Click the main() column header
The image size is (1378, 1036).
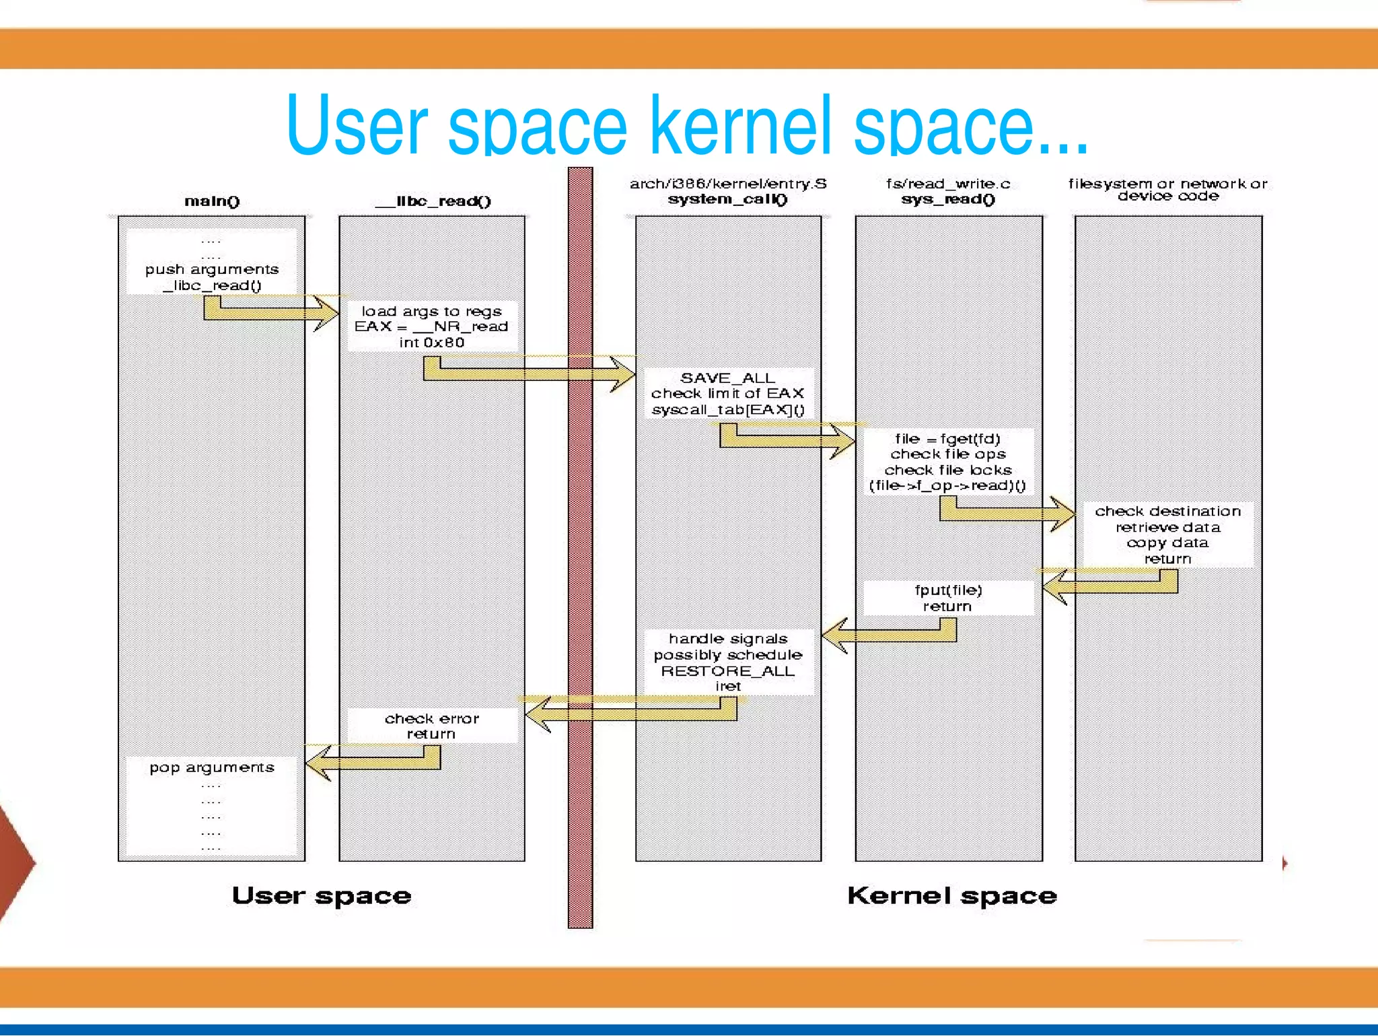(212, 201)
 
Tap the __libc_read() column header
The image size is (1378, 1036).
(433, 201)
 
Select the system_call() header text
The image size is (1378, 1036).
(727, 199)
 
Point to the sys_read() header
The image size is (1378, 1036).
(948, 199)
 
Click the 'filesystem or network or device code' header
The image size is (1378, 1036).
(1167, 189)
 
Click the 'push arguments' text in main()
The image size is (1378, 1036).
(212, 269)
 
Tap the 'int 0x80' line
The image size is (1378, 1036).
(432, 343)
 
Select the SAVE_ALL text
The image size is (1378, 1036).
(727, 378)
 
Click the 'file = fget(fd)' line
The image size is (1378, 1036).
(947, 439)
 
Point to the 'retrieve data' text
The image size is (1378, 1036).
(1167, 527)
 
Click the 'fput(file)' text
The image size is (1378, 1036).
(948, 590)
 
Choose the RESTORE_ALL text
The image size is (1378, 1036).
(727, 671)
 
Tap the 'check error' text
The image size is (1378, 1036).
(432, 718)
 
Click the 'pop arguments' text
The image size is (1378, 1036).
(212, 767)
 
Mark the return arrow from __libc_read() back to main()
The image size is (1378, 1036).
(370, 762)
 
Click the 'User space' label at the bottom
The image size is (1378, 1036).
(322, 896)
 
